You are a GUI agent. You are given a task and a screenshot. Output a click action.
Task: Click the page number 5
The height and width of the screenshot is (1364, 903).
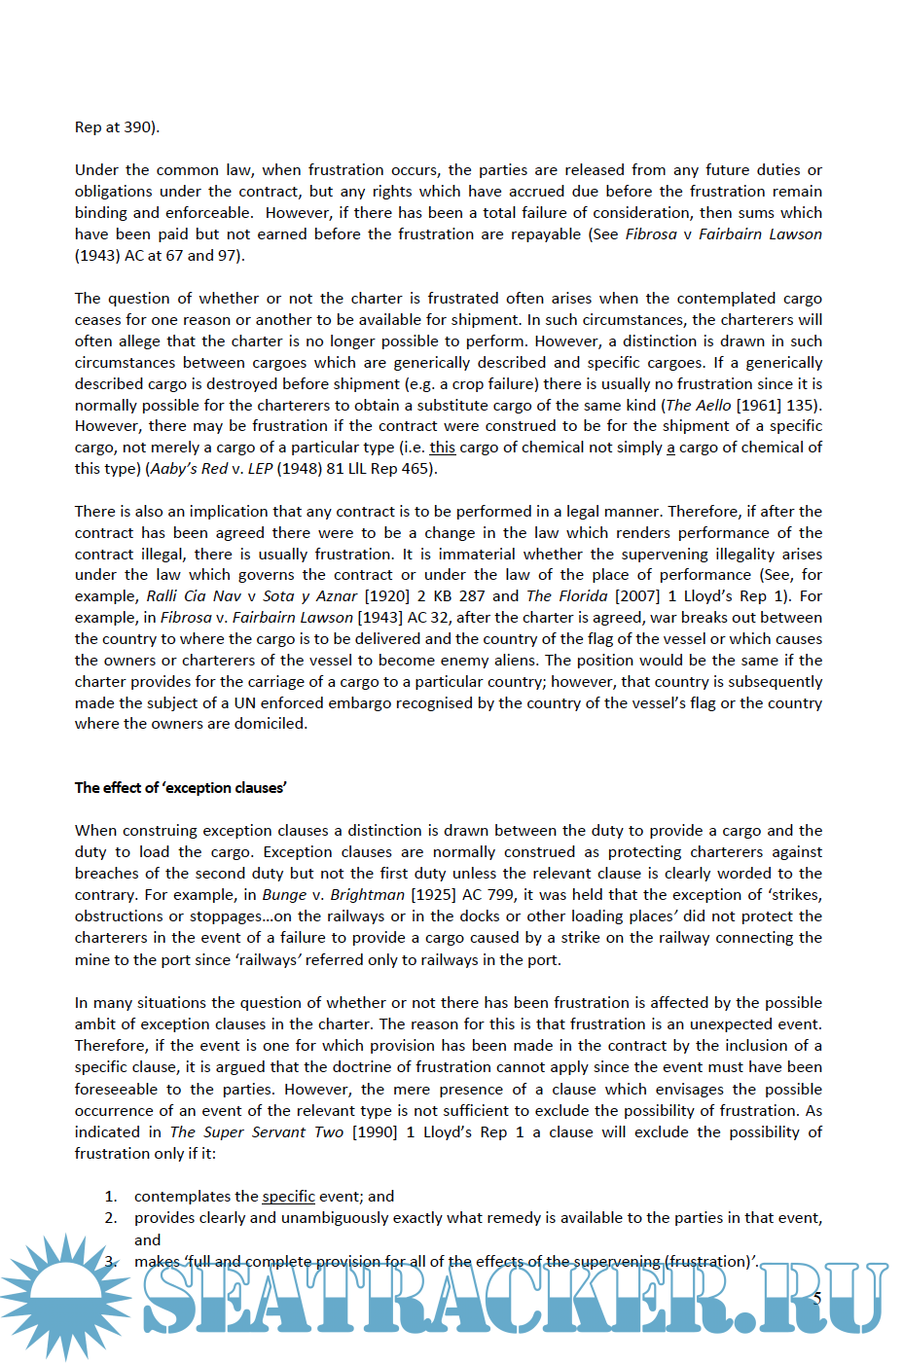[817, 1298]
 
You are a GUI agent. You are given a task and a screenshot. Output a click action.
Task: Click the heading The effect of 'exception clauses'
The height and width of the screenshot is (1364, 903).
[180, 787]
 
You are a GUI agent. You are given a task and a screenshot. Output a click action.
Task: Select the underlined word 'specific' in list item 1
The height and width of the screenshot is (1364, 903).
[288, 1196]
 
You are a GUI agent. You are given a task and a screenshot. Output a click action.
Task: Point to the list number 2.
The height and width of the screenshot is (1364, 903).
[111, 1217]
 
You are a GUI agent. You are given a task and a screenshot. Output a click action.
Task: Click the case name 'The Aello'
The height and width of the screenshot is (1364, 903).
[699, 405]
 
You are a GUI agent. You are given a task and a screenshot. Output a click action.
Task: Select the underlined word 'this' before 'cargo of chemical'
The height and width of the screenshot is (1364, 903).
[442, 447]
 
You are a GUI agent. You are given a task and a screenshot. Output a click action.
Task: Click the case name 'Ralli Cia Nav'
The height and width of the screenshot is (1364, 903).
[194, 595]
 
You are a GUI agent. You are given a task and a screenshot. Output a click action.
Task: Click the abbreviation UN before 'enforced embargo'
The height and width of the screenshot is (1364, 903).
[244, 702]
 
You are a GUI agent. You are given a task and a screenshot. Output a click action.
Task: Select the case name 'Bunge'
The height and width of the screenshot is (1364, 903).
[284, 894]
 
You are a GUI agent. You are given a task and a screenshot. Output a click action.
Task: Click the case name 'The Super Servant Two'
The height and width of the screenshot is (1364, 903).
[257, 1131]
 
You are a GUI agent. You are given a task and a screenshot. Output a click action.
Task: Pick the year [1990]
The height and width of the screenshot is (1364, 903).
[375, 1131]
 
